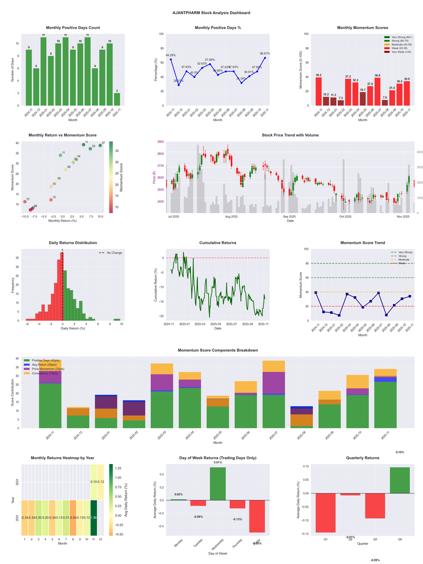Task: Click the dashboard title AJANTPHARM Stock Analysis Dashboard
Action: pos(212,12)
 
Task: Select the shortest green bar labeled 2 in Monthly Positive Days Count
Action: pos(117,99)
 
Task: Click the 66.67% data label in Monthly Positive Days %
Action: pos(265,53)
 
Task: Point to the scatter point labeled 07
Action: pos(100,145)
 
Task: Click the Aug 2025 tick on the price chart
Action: pos(231,216)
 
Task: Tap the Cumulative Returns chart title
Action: pos(218,243)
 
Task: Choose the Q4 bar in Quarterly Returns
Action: pos(400,480)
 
